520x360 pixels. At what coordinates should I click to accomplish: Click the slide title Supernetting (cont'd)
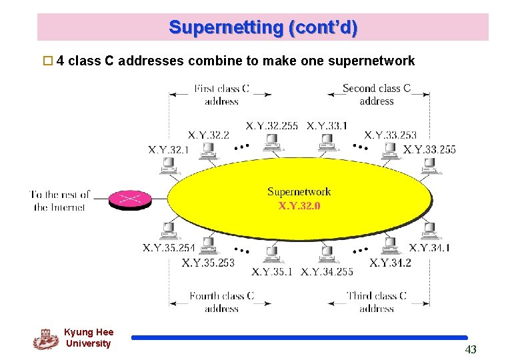pyautogui.click(x=263, y=27)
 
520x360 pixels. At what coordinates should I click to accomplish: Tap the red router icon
pyautogui.click(x=131, y=199)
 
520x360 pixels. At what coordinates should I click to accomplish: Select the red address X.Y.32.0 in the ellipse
pyautogui.click(x=299, y=205)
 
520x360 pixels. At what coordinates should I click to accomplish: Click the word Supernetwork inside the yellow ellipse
pyautogui.click(x=299, y=192)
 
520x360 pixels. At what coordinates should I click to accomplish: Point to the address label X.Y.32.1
pyautogui.click(x=168, y=149)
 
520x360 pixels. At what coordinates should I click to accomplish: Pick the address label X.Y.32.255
pyautogui.click(x=271, y=125)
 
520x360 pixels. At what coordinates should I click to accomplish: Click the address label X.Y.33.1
pyautogui.click(x=327, y=125)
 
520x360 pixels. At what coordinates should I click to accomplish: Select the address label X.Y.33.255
pyautogui.click(x=429, y=149)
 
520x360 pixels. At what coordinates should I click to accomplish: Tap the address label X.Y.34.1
pyautogui.click(x=429, y=248)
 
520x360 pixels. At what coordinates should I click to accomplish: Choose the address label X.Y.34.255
pyautogui.click(x=327, y=272)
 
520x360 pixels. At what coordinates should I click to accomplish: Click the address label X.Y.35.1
pyautogui.click(x=272, y=272)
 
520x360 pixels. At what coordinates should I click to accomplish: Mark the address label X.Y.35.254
pyautogui.click(x=169, y=248)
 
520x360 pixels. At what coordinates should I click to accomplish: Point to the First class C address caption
pyautogui.click(x=222, y=95)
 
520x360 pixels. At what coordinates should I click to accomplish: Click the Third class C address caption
pyautogui.click(x=377, y=302)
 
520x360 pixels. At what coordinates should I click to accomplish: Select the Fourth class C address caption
pyautogui.click(x=222, y=302)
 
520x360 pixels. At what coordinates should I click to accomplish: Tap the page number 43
pyautogui.click(x=471, y=349)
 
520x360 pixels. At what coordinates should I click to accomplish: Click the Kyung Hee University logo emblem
pyautogui.click(x=45, y=339)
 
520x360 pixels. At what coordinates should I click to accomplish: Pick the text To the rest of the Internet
pyautogui.click(x=60, y=201)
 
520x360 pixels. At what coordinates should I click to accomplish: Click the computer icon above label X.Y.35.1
pyautogui.click(x=271, y=254)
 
